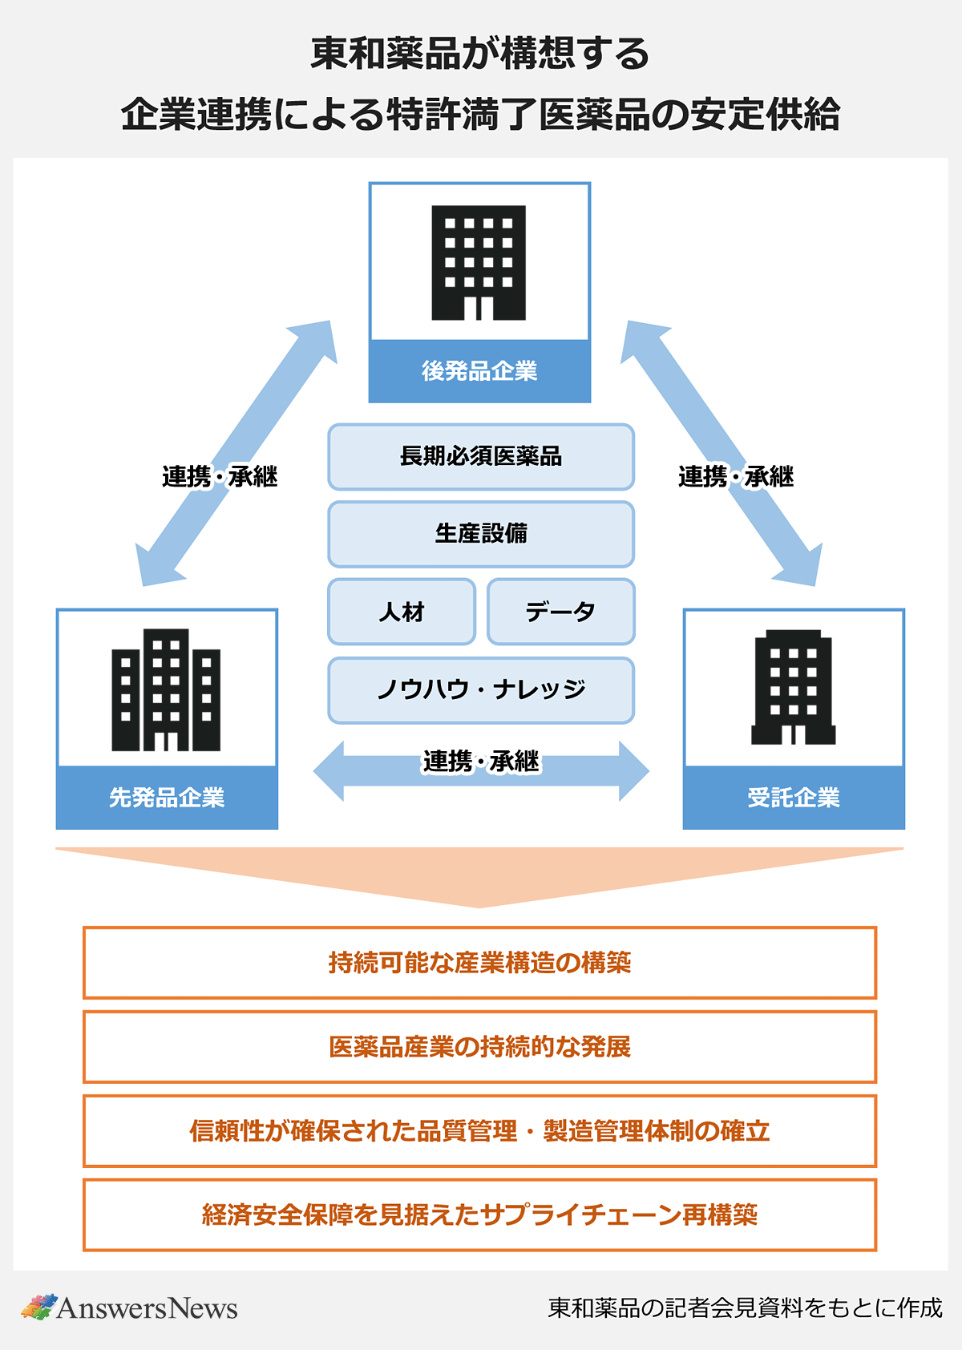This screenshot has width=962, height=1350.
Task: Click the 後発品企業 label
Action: coord(479,371)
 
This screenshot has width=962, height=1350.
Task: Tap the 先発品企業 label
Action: coord(167,798)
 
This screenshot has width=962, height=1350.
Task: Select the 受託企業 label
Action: coord(794,798)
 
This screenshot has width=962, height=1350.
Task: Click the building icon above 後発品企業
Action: coord(479,263)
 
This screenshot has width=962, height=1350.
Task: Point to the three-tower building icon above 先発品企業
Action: coord(166,690)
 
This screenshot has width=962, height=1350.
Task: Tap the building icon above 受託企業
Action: coord(793,688)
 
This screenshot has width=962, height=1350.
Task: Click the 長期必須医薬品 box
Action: coord(481,457)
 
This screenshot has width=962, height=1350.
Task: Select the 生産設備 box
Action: coord(481,534)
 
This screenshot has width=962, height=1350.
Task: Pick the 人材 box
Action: coord(402,612)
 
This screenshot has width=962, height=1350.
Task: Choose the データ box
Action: coord(560,612)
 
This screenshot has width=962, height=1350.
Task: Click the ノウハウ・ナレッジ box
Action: coord(481,689)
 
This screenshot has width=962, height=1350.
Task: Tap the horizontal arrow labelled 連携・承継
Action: coord(481,770)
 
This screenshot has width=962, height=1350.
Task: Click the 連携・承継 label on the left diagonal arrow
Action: coord(220,477)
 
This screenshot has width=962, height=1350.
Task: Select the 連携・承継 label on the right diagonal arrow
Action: coord(736,477)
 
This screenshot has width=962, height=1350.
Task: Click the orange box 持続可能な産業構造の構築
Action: coord(479,963)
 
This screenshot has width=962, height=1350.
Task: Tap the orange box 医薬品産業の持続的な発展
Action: coord(479,1047)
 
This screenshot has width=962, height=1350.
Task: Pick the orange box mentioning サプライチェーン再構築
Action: coord(479,1215)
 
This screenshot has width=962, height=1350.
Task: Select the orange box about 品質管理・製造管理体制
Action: coord(479,1131)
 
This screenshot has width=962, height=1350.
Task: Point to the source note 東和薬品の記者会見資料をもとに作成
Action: coord(745,1308)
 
